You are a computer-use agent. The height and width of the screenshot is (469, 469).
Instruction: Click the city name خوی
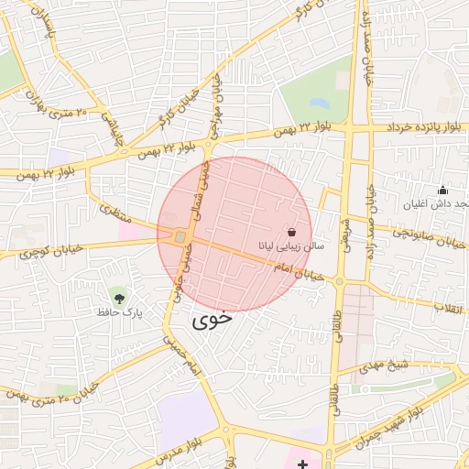point(211,322)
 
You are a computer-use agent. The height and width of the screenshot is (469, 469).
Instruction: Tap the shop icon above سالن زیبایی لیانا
point(291,233)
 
